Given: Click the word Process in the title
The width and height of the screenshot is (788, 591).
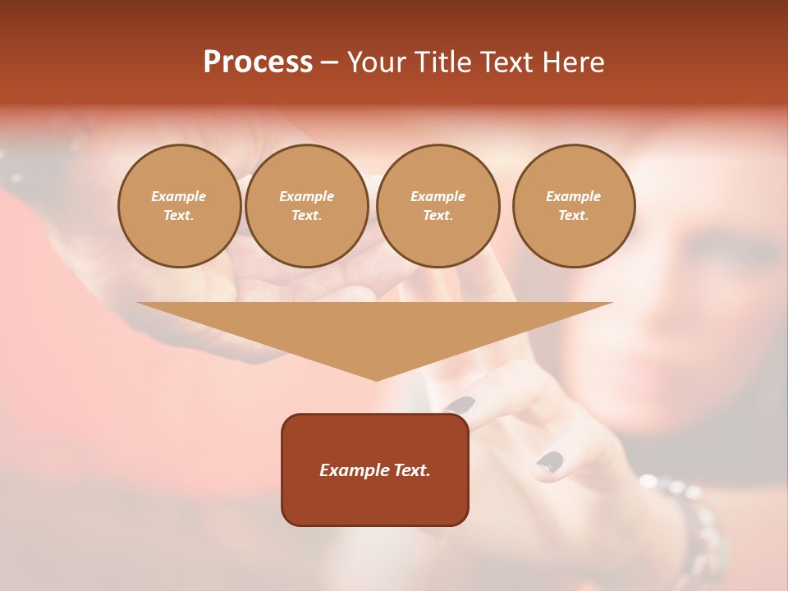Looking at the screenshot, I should [x=258, y=62].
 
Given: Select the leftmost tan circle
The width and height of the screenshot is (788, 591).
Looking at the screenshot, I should [x=179, y=206].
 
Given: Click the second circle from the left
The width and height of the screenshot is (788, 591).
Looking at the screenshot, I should [x=306, y=206].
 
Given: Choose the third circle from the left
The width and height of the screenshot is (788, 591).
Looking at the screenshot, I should [x=438, y=206].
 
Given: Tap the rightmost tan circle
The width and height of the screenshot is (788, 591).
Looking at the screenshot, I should [x=574, y=206].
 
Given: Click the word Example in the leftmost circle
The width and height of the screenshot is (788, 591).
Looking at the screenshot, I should [x=179, y=197].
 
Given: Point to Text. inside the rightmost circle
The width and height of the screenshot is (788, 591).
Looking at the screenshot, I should [x=574, y=216].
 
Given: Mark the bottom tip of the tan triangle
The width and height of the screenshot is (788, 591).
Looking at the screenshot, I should [x=376, y=379].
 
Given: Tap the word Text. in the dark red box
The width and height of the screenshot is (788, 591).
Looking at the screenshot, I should [x=412, y=470].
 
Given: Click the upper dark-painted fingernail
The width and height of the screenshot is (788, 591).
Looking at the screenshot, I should [x=461, y=405].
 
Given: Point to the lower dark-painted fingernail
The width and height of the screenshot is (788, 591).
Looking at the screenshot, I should [x=550, y=462].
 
